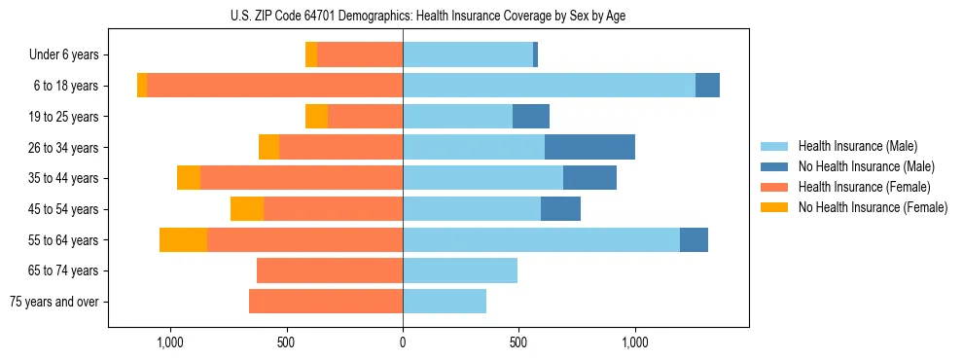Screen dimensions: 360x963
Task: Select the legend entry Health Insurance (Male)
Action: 857,146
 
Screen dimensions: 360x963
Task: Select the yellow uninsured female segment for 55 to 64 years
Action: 183,240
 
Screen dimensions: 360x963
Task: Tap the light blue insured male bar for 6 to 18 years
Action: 549,86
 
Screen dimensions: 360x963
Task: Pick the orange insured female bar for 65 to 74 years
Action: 330,270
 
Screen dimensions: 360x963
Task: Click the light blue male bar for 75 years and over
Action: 445,302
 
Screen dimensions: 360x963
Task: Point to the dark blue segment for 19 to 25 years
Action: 531,117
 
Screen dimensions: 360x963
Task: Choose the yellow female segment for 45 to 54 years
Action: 247,209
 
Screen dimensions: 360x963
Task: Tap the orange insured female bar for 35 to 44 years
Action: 302,178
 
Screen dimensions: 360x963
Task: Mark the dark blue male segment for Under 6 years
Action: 535,55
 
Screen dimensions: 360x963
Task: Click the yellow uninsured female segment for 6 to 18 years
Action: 142,86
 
